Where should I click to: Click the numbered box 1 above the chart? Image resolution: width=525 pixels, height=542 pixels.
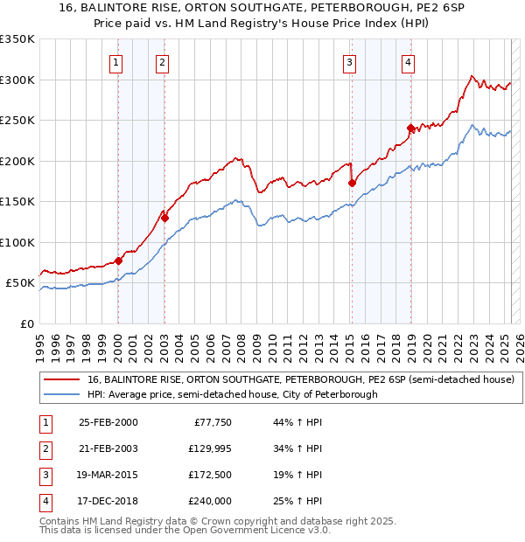[x=117, y=61]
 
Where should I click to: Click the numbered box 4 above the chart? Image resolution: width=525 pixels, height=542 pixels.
[x=409, y=61]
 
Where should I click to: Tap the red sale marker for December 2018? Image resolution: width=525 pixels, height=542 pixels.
[x=409, y=129]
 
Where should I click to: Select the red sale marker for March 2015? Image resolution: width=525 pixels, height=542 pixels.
[x=352, y=184]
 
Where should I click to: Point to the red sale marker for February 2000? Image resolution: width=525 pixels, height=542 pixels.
[x=118, y=261]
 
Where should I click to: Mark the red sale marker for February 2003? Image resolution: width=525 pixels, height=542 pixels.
[x=164, y=218]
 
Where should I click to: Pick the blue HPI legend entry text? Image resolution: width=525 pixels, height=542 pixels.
[x=232, y=395]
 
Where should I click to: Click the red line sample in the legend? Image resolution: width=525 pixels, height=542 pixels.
[x=62, y=379]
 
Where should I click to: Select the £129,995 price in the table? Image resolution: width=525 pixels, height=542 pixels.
[x=208, y=449]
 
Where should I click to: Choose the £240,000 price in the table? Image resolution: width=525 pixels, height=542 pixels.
[x=208, y=501]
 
